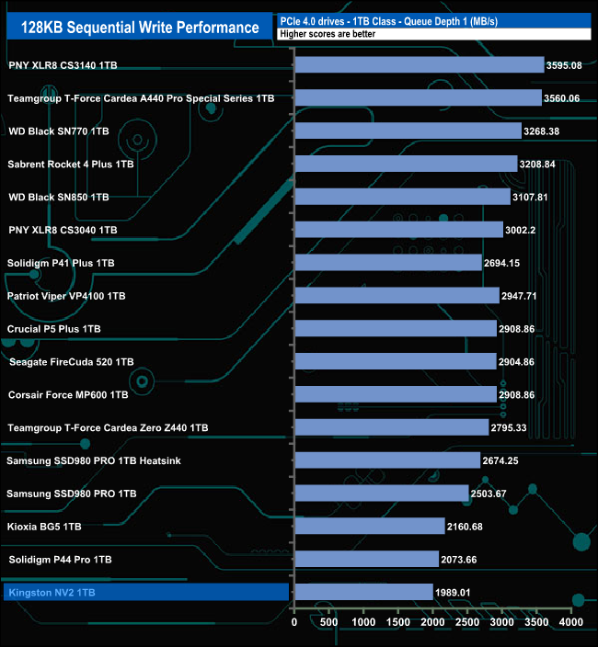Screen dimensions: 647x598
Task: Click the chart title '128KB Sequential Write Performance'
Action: point(140,28)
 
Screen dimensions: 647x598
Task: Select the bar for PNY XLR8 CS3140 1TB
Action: point(420,65)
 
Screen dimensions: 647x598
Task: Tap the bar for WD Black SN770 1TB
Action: point(408,131)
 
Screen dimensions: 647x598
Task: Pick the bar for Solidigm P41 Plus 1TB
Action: point(388,263)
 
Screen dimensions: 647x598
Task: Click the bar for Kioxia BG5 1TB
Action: point(370,527)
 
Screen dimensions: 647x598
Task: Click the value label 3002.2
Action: point(523,230)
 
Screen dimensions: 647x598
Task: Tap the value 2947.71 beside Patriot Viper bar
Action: point(523,296)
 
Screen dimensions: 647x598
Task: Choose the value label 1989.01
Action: point(456,593)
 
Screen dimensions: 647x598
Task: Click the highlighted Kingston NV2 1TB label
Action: point(51,593)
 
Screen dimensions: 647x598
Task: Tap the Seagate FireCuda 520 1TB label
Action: point(72,362)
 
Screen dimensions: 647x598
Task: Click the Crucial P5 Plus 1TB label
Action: point(54,329)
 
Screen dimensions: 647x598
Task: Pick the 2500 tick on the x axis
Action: point(467,622)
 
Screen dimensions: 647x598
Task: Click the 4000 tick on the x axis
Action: point(571,622)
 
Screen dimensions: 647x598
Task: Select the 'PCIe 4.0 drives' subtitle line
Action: point(387,21)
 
